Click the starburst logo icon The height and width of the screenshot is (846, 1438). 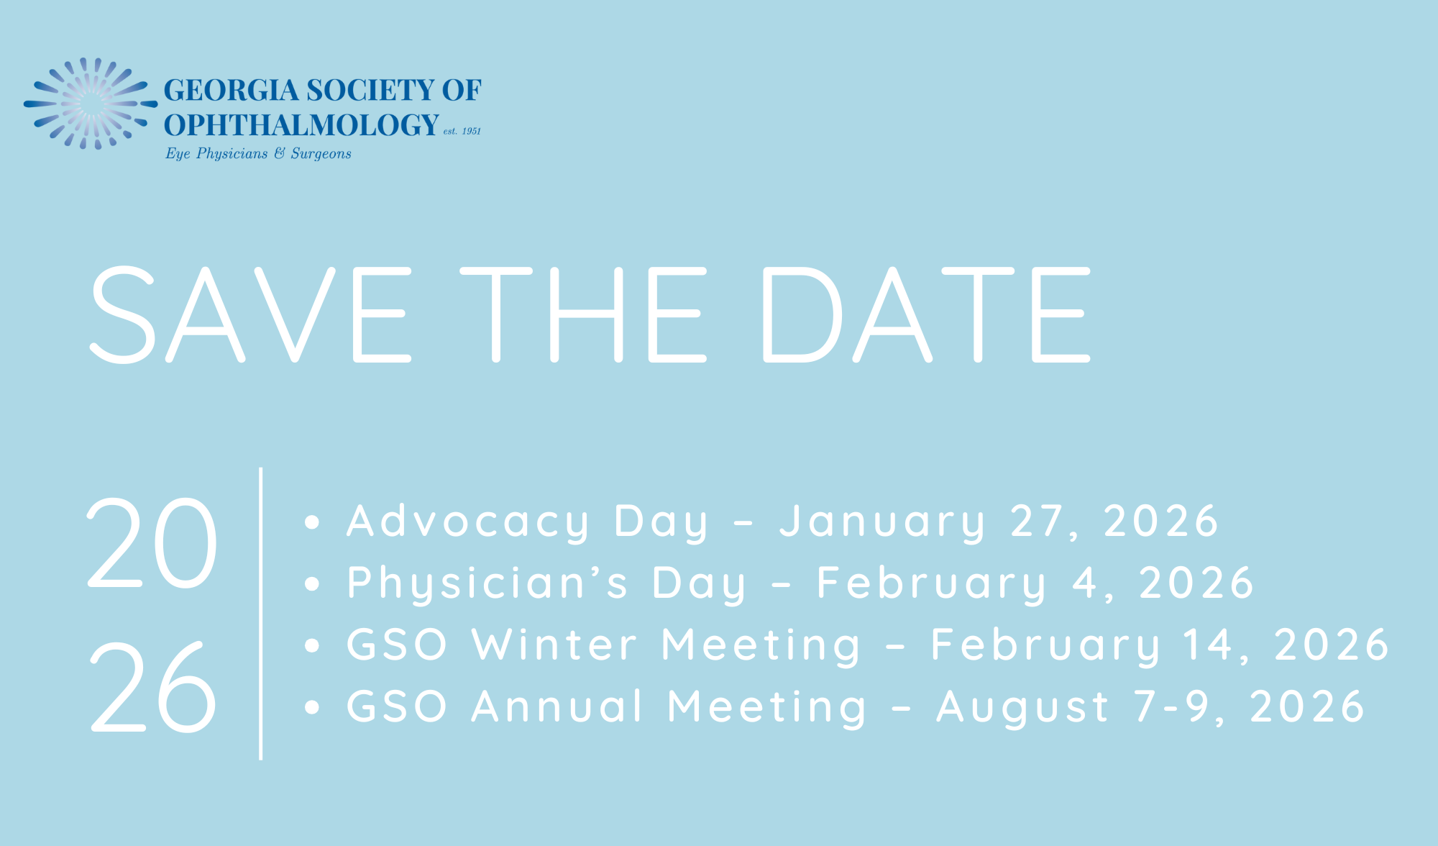[x=91, y=104]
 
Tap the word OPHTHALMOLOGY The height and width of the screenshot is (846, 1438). [x=301, y=125]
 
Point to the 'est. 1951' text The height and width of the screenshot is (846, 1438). [x=462, y=131]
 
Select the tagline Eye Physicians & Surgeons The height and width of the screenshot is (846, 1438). [x=258, y=153]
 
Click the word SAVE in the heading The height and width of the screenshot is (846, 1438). [x=250, y=314]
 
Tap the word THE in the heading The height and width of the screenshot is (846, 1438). [x=584, y=314]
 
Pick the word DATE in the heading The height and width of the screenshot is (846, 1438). [x=927, y=314]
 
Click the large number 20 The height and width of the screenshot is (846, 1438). [x=152, y=542]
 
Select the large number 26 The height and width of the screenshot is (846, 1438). [x=152, y=686]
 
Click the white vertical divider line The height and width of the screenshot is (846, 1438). [x=260, y=613]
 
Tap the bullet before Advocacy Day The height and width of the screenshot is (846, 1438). [x=311, y=522]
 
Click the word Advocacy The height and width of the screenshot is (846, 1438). [x=468, y=522]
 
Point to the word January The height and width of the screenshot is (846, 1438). [x=882, y=522]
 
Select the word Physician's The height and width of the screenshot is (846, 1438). [x=487, y=583]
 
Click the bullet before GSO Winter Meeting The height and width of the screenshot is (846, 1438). [x=311, y=645]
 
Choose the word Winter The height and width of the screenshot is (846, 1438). [x=554, y=645]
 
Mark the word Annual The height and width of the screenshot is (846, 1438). [x=557, y=706]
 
